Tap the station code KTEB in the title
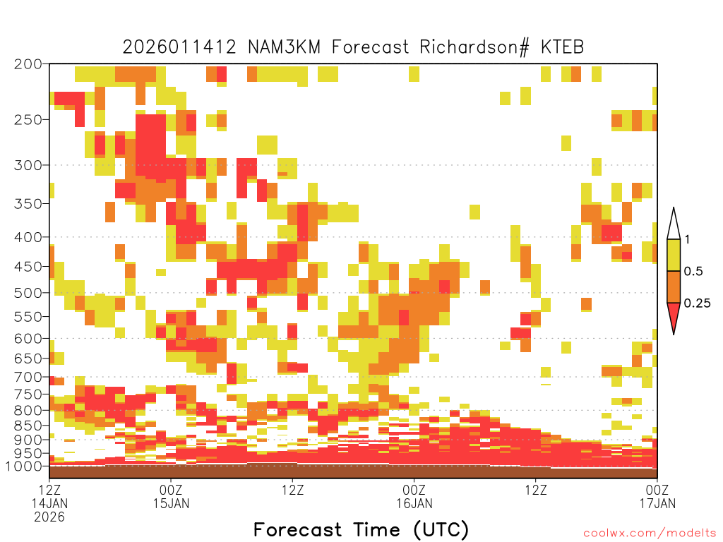tap(562, 47)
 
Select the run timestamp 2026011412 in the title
tap(179, 47)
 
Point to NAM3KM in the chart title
tap(284, 47)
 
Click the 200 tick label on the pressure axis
tap(28, 64)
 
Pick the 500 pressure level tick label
tap(28, 293)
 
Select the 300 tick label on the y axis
tap(28, 164)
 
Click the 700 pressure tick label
tap(28, 377)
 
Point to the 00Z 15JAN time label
tap(171, 496)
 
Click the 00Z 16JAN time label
tap(414, 496)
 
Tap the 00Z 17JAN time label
tap(657, 496)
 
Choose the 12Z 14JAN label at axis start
tap(49, 496)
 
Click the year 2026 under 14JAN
tap(49, 517)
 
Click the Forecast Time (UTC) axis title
tap(361, 530)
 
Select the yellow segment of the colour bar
tap(674, 255)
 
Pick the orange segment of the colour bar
tap(674, 287)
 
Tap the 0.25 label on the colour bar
tap(697, 303)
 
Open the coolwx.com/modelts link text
tap(650, 534)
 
